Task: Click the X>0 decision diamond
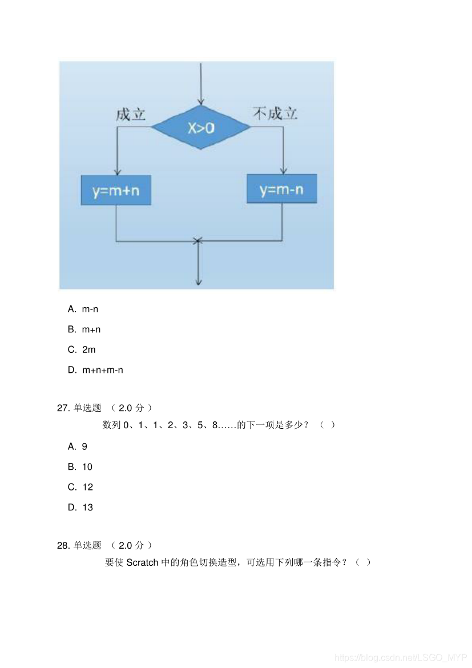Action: tap(200, 127)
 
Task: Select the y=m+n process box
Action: tap(116, 191)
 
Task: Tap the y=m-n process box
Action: tap(281, 189)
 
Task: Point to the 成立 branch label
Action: tap(131, 114)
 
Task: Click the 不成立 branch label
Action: tap(275, 114)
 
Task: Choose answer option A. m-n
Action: tap(83, 309)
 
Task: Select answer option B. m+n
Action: tap(84, 329)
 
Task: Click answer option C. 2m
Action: tap(82, 349)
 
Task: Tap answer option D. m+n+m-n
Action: tap(95, 370)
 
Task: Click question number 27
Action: tap(63, 408)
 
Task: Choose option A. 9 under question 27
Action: tap(78, 446)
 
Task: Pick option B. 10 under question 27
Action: tap(80, 466)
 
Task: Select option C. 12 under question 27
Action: tap(80, 487)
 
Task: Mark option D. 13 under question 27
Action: tap(80, 507)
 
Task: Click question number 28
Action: tap(63, 545)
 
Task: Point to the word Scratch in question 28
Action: tap(142, 562)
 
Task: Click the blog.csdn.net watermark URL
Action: tap(400, 658)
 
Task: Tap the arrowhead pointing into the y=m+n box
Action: tap(116, 172)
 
